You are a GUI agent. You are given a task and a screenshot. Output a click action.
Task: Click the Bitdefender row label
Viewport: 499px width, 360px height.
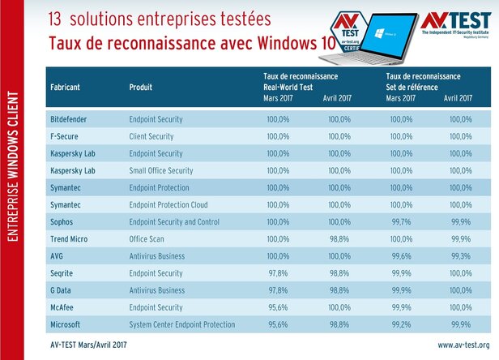(70, 119)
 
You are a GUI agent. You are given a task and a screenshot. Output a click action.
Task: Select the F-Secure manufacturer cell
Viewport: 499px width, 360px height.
(65, 136)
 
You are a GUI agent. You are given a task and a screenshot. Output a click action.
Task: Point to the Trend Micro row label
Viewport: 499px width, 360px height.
(71, 238)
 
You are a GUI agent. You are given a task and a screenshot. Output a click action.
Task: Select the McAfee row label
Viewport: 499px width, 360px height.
(64, 306)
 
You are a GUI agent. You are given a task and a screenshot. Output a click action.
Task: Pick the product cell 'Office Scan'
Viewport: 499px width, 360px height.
(149, 238)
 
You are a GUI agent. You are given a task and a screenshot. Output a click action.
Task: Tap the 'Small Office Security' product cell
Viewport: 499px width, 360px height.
(161, 170)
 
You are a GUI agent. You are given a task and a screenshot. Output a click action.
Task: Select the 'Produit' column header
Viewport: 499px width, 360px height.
(143, 85)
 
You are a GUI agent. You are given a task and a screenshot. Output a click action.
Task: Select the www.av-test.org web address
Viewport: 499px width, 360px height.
(461, 345)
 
